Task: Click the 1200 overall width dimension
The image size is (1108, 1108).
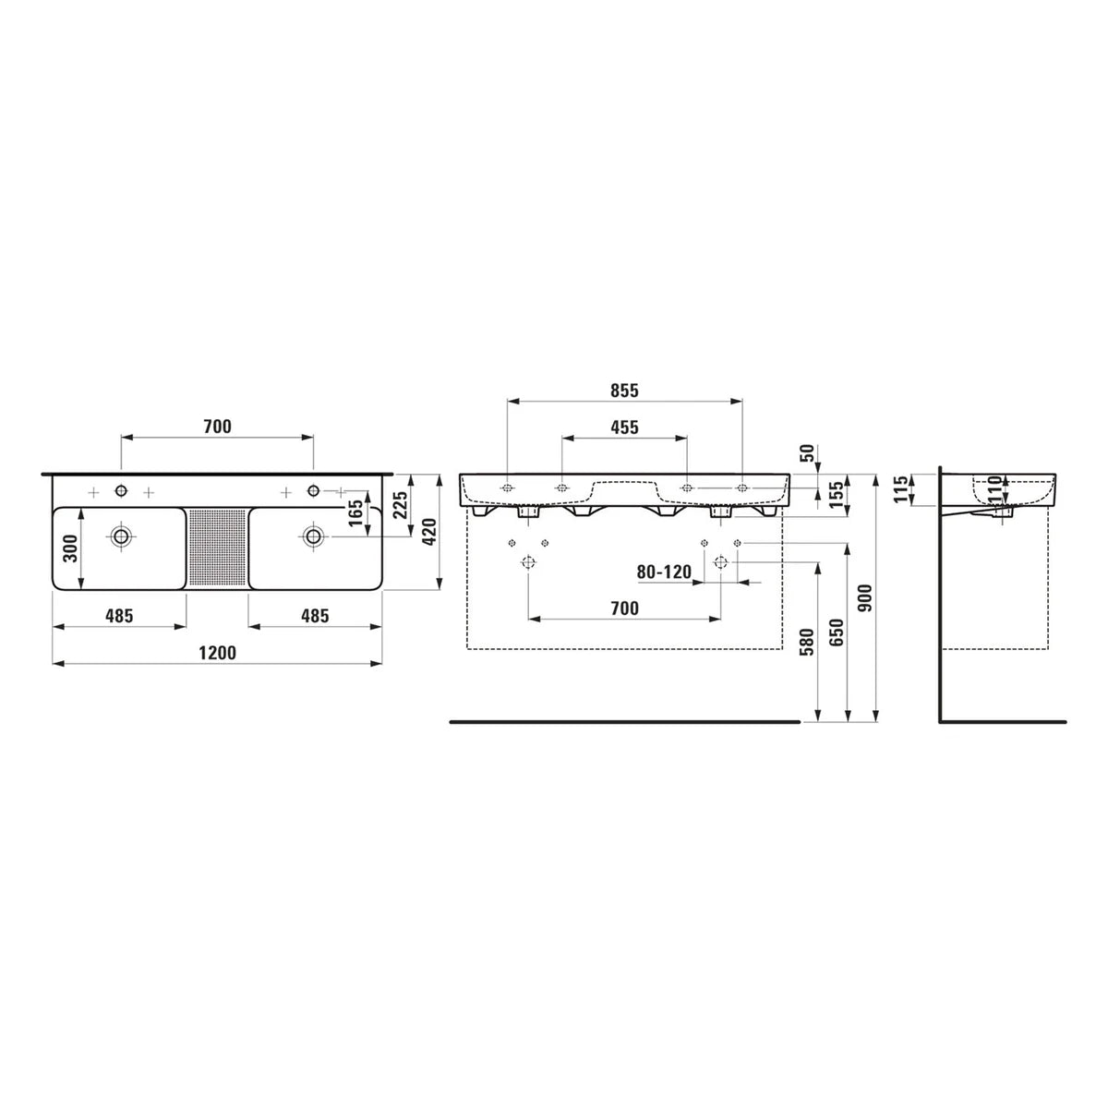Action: (x=217, y=653)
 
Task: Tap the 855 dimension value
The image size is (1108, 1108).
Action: (x=624, y=391)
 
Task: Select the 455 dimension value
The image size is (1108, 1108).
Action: (x=624, y=428)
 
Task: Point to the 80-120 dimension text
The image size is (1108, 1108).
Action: (x=664, y=572)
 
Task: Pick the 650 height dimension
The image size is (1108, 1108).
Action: (x=837, y=632)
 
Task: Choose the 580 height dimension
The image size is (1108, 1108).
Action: (x=809, y=642)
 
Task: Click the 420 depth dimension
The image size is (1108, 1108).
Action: (x=429, y=532)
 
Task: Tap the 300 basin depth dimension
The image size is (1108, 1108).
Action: (x=69, y=548)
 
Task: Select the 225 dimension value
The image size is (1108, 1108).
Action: (x=400, y=505)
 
